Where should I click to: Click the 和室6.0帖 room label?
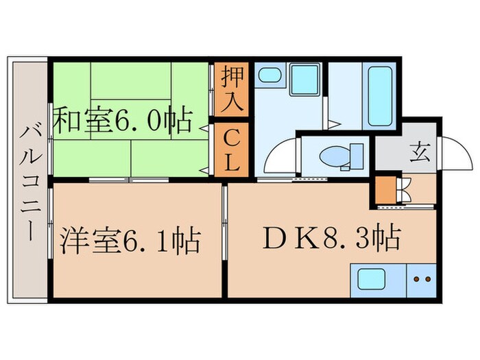[x=123, y=122]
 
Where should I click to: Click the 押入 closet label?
[x=231, y=91]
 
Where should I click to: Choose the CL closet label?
[x=231, y=152]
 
